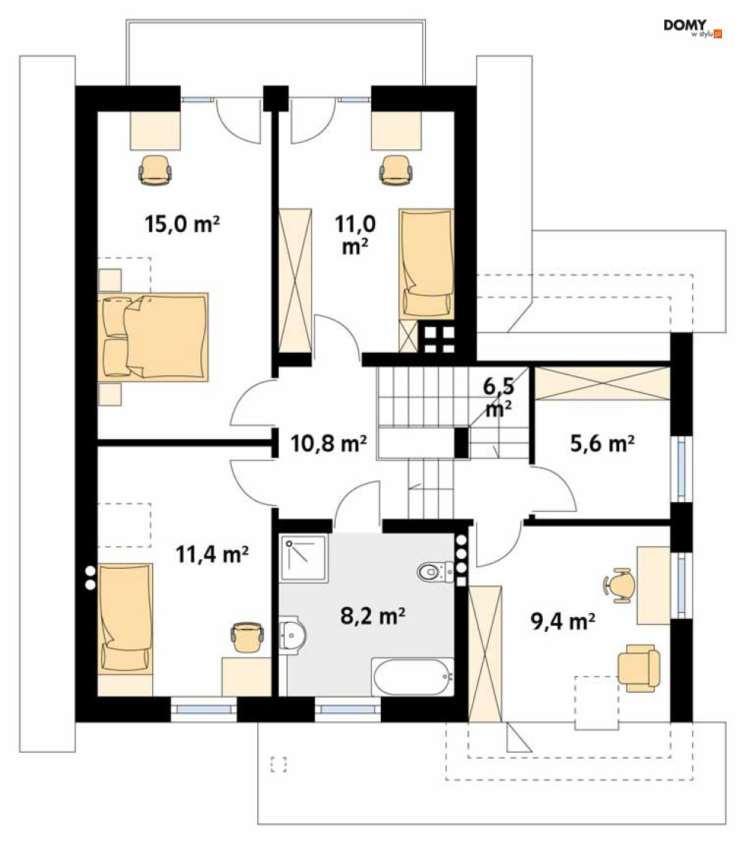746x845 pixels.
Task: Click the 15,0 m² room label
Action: pyautogui.click(x=182, y=224)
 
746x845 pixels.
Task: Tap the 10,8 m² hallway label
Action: pyautogui.click(x=328, y=444)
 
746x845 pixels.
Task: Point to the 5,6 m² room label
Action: pyautogui.click(x=602, y=444)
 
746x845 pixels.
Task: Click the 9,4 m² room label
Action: pyautogui.click(x=563, y=621)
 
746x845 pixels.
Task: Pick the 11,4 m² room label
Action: pyautogui.click(x=212, y=554)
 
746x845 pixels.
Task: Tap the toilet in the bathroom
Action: pyautogui.click(x=436, y=571)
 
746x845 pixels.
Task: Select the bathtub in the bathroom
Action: pyautogui.click(x=413, y=677)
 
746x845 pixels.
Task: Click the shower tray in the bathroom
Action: pyautogui.click(x=304, y=558)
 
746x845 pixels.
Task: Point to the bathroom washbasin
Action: pyautogui.click(x=292, y=635)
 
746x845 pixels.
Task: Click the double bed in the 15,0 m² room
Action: pyautogui.click(x=154, y=338)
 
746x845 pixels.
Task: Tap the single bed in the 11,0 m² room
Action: pyautogui.click(x=427, y=264)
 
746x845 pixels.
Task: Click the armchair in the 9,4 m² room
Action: pyautogui.click(x=639, y=668)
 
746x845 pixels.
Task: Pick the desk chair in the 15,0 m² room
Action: pyautogui.click(x=155, y=170)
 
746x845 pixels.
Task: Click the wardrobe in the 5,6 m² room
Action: pyautogui.click(x=602, y=383)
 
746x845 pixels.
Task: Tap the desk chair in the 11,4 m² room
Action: pyautogui.click(x=247, y=638)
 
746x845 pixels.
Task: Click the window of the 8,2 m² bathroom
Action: pyautogui.click(x=347, y=709)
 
